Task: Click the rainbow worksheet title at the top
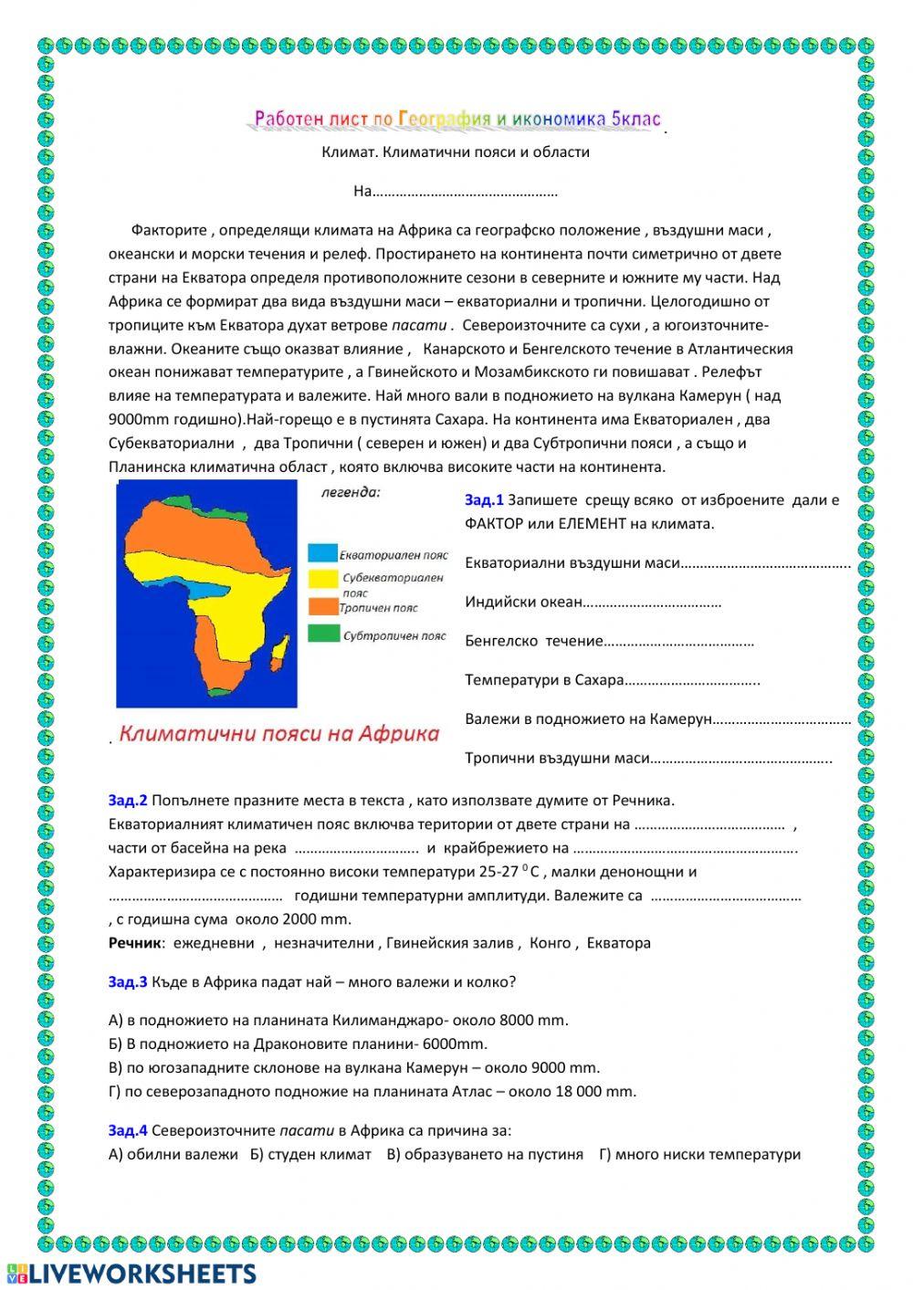[x=456, y=119]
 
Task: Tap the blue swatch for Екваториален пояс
[x=321, y=553]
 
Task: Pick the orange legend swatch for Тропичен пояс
[x=322, y=606]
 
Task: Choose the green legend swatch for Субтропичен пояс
[x=322, y=634]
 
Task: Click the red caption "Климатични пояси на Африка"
[x=279, y=734]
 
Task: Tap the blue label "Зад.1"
[x=484, y=499]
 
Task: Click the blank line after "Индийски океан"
[x=652, y=603]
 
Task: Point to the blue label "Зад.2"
[x=128, y=801]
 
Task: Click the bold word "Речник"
[x=135, y=943]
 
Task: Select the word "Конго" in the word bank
[x=550, y=943]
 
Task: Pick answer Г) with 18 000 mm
[x=373, y=1091]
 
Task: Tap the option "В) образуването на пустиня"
[x=485, y=1154]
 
